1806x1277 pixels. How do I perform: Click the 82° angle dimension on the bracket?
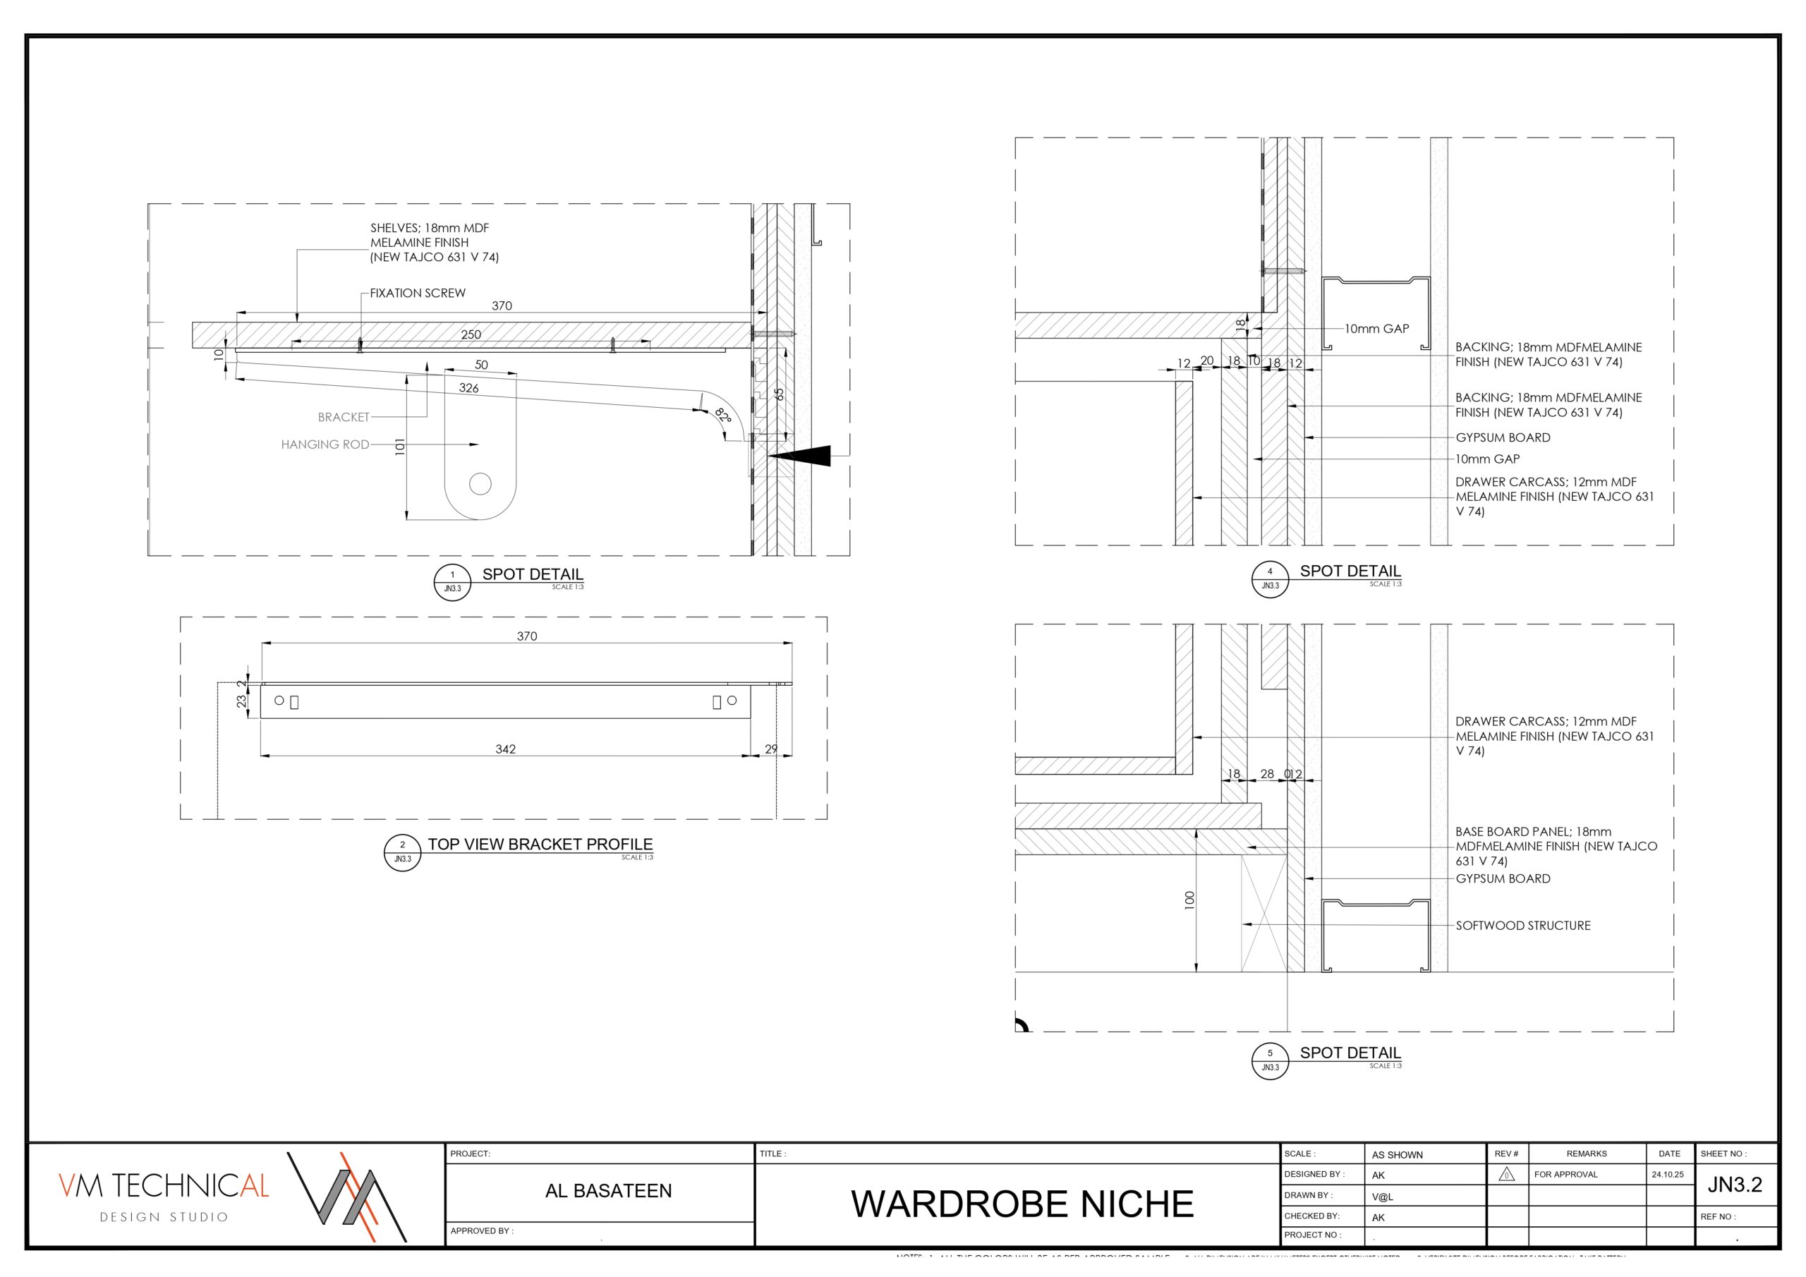point(723,416)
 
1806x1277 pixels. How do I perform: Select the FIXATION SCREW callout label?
point(418,293)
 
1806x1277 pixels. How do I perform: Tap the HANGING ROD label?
point(325,444)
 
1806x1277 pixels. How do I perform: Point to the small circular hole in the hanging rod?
point(480,484)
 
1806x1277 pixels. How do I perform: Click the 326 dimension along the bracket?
point(469,388)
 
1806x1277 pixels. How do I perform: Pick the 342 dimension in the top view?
point(506,749)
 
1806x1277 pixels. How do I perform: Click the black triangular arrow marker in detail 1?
point(802,456)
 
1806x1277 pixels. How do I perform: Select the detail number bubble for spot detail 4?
point(1270,579)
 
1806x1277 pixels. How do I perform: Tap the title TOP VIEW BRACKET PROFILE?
point(540,845)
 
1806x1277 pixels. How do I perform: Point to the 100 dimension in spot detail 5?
point(1189,900)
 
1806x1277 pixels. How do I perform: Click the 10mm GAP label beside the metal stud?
point(1376,329)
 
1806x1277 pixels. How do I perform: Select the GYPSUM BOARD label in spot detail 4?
point(1503,437)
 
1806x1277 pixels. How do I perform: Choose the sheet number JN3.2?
point(1735,1185)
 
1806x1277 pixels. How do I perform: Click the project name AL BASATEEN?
point(608,1191)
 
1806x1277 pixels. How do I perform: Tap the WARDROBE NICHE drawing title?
point(1022,1204)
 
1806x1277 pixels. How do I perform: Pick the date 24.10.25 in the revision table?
point(1668,1175)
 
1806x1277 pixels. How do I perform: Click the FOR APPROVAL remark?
point(1565,1175)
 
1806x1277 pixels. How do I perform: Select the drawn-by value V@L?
point(1382,1197)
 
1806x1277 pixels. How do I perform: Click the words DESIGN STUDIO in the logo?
point(164,1217)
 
